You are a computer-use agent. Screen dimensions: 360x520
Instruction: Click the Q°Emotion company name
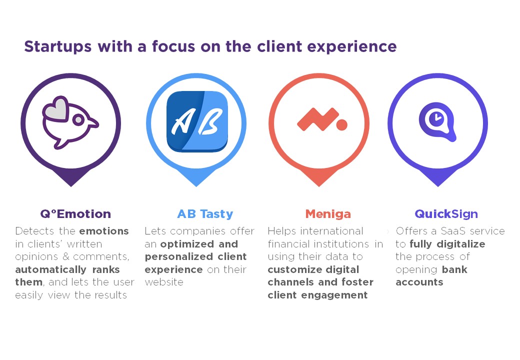click(75, 214)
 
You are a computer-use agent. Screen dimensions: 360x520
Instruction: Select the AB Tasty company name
click(205, 214)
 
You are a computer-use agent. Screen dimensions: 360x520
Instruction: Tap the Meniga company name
click(328, 214)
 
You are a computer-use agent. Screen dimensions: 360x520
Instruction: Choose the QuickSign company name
click(446, 214)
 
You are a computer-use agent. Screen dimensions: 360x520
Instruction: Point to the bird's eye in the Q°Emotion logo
click(78, 120)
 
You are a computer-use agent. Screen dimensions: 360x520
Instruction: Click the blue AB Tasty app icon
click(197, 121)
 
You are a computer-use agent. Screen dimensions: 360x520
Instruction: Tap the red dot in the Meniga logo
click(342, 124)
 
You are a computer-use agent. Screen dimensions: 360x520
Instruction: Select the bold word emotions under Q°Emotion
click(104, 231)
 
